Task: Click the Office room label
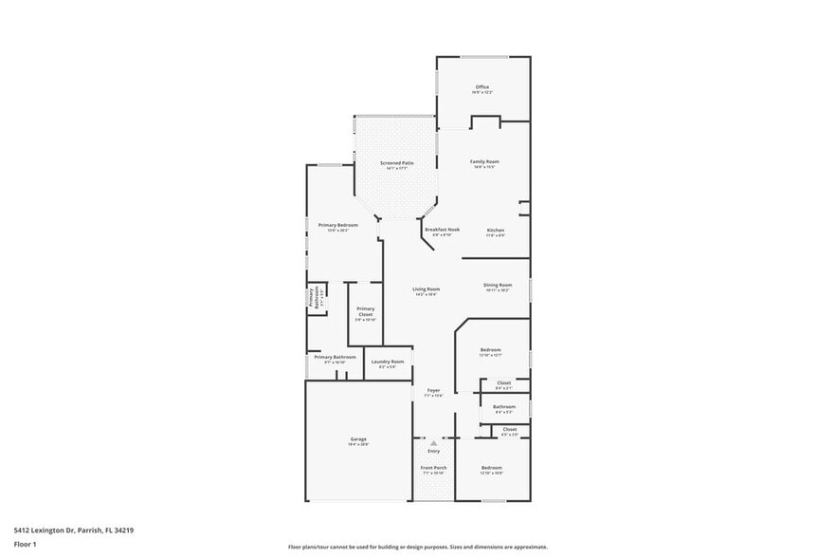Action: pos(482,86)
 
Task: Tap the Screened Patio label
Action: pos(397,163)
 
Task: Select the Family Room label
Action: pos(485,161)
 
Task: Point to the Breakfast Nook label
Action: pos(441,229)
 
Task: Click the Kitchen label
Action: pos(496,231)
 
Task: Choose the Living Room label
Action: pos(426,288)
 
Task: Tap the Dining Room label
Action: pos(498,285)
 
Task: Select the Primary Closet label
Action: pos(366,311)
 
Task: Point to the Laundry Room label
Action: pos(388,362)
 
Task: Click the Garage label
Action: pos(358,439)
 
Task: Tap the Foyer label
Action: pos(433,390)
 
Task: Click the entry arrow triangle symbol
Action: pos(434,442)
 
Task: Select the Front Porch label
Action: pos(434,468)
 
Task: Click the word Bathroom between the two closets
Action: pos(503,407)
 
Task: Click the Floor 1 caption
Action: pos(25,545)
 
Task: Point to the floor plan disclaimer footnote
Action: pos(417,547)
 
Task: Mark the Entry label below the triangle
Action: pos(434,451)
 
